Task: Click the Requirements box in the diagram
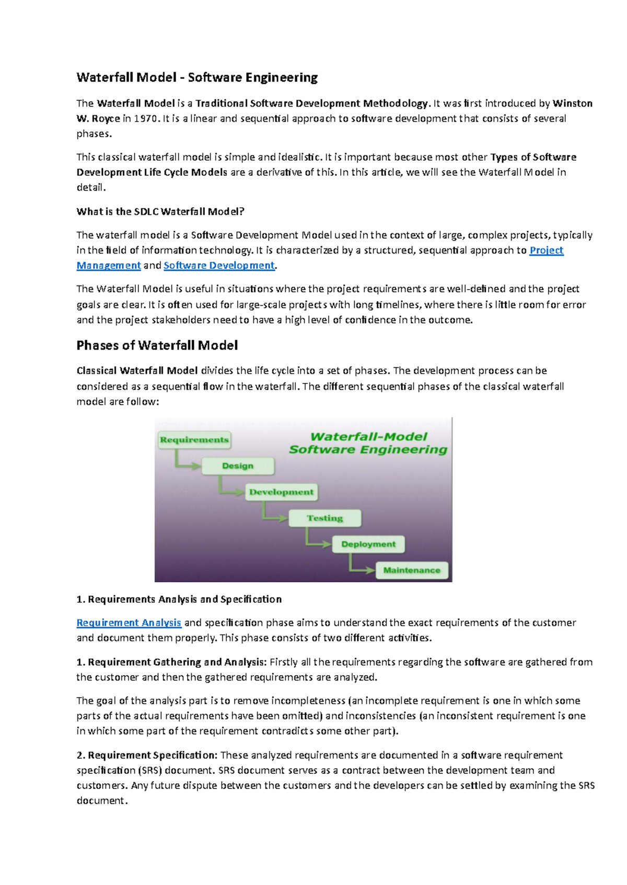pos(194,440)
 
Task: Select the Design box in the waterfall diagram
pos(238,466)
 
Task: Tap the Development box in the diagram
pos(281,492)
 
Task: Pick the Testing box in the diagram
pos(324,518)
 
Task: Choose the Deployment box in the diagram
pos(368,544)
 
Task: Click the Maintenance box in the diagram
pos(412,570)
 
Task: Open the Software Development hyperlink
pos(219,266)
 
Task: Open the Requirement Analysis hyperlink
pos(129,623)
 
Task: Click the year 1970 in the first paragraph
pos(145,118)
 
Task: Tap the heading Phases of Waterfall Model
pos(157,345)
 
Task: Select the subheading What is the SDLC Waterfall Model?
pos(160,211)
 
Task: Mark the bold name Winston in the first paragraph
pos(573,103)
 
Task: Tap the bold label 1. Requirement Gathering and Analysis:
pos(171,662)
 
